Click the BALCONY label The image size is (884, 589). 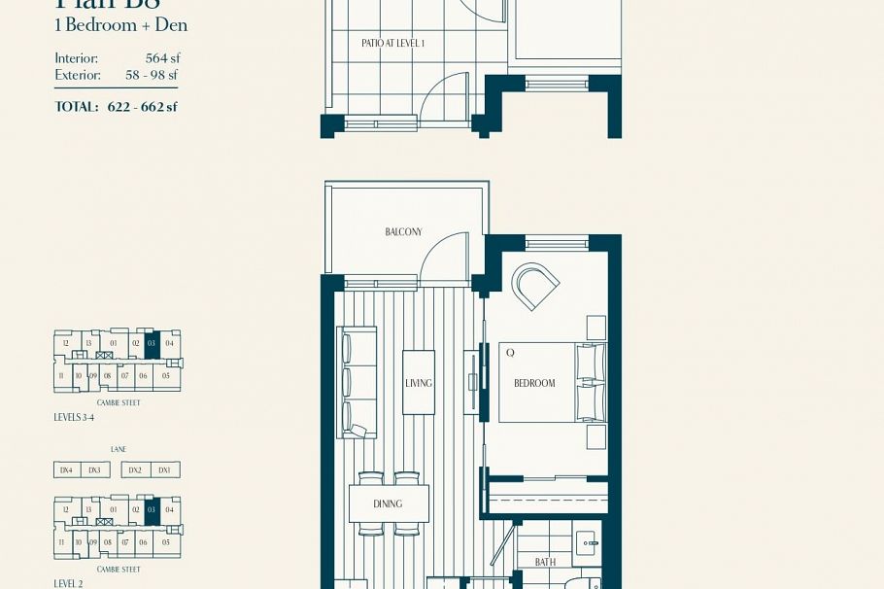[403, 232]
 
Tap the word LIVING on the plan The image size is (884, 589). [419, 383]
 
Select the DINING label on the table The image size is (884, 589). [388, 503]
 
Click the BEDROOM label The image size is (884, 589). [534, 383]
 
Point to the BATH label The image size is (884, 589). [545, 562]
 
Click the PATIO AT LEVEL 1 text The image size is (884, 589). [392, 44]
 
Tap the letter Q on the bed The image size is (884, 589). [510, 353]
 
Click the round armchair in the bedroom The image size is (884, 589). [534, 286]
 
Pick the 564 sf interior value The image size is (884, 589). [162, 58]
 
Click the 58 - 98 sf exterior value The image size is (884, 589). [152, 75]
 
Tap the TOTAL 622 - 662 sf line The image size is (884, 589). [116, 107]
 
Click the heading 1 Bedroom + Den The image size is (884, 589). [120, 25]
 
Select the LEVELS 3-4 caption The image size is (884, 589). [74, 418]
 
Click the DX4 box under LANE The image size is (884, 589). [66, 470]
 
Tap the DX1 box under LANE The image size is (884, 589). [164, 470]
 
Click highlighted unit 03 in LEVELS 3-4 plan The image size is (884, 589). [152, 344]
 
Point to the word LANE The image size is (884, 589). [118, 450]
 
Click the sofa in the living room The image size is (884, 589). [356, 383]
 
